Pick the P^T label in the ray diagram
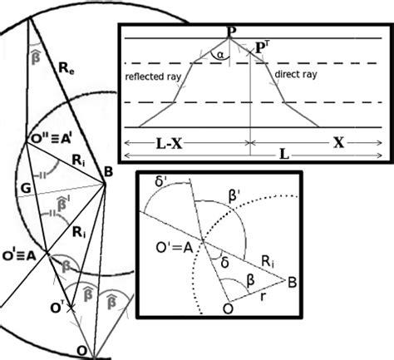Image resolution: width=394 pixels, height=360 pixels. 262,48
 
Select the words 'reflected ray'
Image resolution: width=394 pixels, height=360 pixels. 155,77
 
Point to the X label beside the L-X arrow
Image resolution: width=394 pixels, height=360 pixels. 337,142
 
